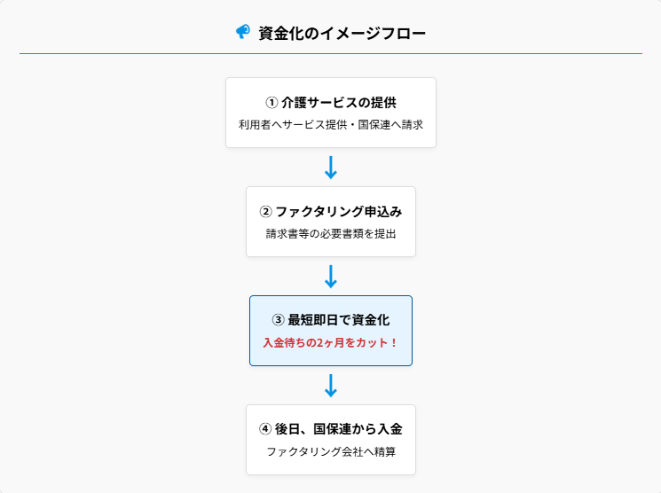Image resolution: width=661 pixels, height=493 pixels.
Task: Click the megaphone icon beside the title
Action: [242, 32]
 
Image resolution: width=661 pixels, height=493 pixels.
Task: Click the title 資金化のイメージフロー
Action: [342, 34]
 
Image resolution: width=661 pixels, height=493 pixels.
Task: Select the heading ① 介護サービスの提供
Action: [331, 102]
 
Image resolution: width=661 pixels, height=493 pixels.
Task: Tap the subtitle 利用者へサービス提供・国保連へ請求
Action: [331, 125]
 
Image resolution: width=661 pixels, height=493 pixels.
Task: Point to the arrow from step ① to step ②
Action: [331, 167]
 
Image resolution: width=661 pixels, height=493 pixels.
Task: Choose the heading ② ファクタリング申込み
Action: [331, 212]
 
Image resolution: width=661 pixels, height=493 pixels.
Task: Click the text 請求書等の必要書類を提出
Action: [331, 235]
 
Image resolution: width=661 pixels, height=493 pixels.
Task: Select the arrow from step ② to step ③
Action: [331, 276]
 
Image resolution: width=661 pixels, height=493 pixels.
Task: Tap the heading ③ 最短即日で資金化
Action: [331, 320]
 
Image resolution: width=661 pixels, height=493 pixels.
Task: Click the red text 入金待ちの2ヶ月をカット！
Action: [331, 342]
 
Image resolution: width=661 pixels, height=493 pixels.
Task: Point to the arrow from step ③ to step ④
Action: [331, 385]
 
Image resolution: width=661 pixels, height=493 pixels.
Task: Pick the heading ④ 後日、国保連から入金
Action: [331, 429]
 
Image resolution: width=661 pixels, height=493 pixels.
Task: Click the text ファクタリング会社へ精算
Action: [331, 452]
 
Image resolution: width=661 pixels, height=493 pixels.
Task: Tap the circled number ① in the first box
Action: [271, 102]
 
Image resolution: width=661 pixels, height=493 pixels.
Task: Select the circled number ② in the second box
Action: [265, 212]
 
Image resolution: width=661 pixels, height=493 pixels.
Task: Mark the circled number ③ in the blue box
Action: [278, 320]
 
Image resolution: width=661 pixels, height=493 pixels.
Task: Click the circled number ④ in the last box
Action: [265, 429]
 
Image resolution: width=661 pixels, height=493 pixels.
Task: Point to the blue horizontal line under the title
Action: [331, 53]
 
